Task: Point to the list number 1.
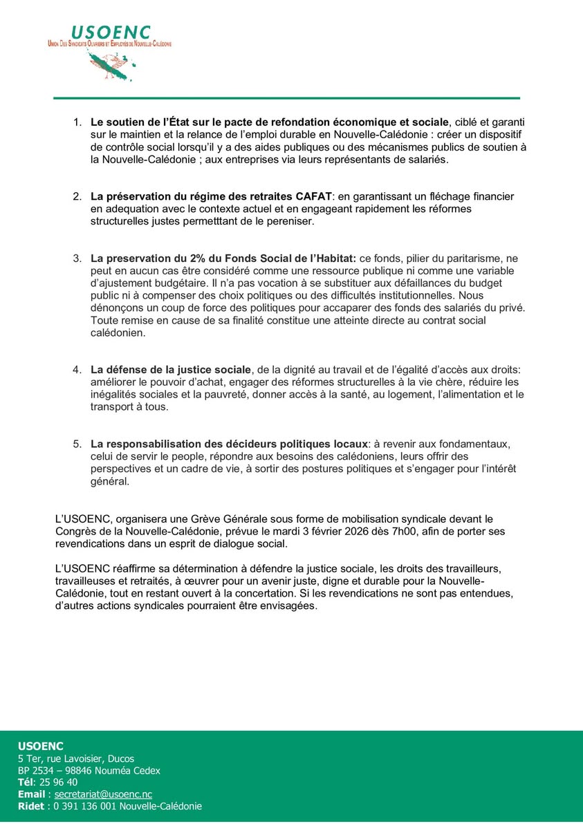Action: click(77, 122)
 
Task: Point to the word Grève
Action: click(197, 518)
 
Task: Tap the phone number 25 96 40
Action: click(58, 782)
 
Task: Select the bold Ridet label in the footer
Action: click(31, 807)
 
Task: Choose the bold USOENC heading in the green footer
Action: click(40, 746)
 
